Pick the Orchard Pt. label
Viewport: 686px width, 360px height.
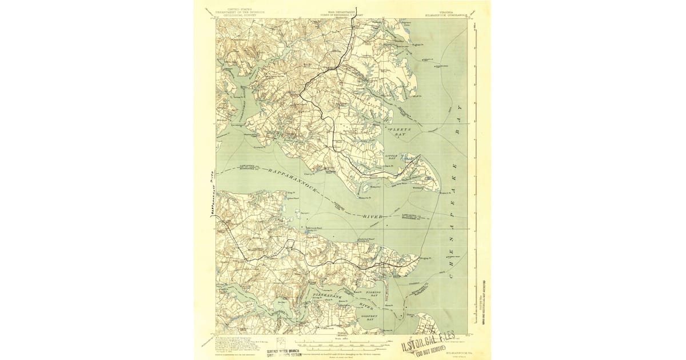tap(260, 146)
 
